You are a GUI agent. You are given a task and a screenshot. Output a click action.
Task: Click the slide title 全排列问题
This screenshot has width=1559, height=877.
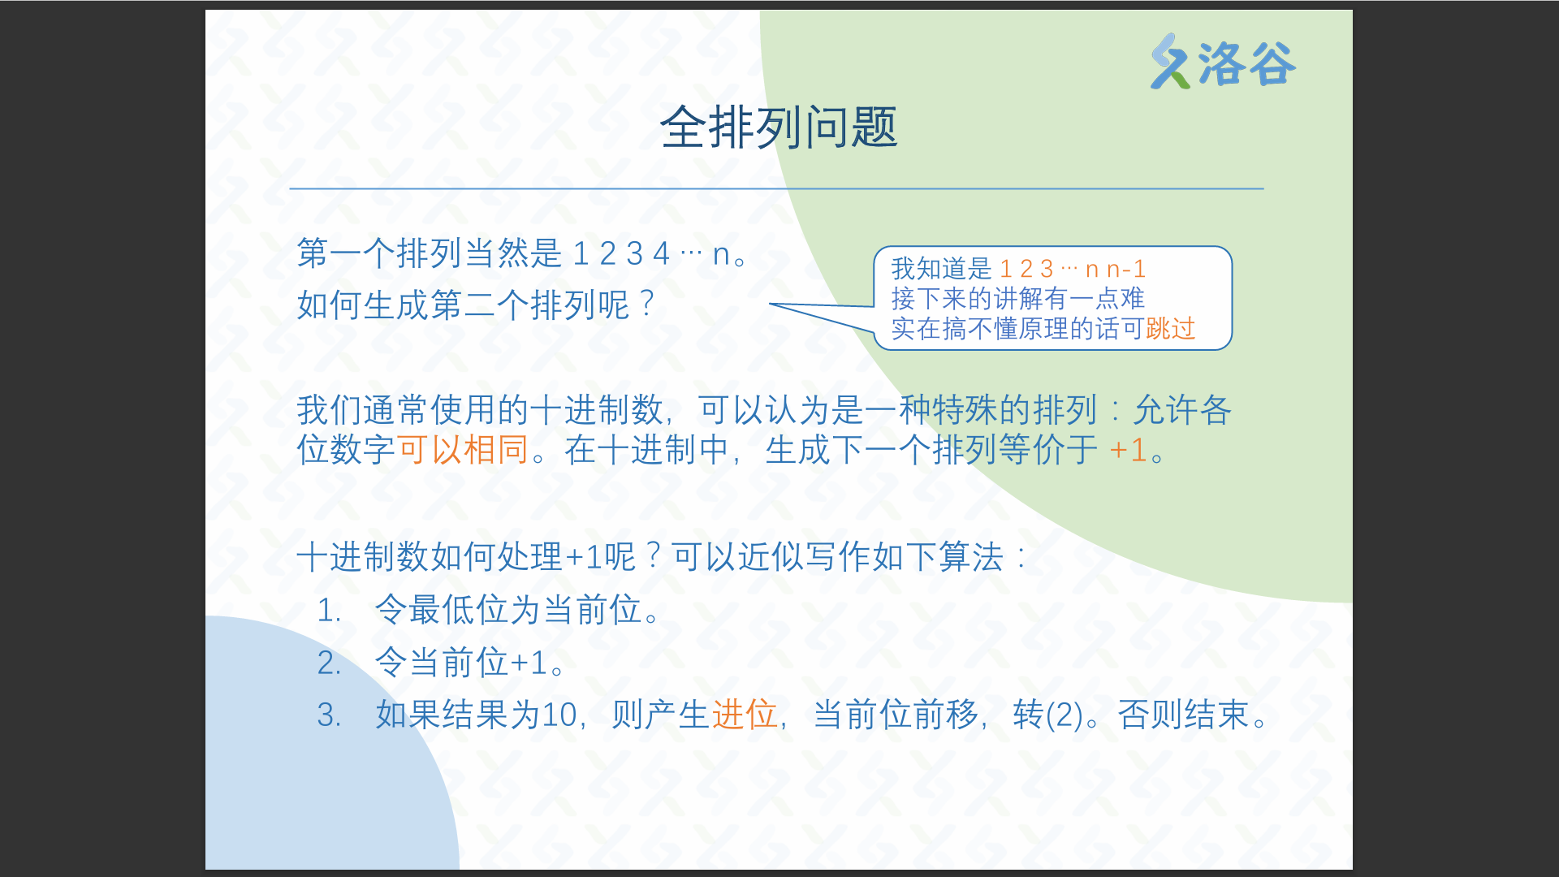(x=779, y=128)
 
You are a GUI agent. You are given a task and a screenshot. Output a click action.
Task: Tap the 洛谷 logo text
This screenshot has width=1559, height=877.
(x=1246, y=64)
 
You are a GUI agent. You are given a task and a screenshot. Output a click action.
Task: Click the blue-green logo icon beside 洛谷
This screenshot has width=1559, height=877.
(x=1170, y=62)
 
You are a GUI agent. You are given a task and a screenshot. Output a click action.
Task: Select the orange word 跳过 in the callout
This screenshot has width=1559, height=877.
(x=1170, y=328)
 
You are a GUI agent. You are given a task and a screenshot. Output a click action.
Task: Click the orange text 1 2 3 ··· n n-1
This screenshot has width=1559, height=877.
(x=1072, y=269)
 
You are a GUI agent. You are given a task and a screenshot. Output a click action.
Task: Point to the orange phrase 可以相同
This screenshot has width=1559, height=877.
(x=463, y=450)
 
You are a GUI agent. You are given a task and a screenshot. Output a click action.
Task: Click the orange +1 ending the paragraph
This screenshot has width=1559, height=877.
(x=1128, y=450)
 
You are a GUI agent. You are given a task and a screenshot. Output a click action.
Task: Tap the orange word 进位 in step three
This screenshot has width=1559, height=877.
(x=745, y=715)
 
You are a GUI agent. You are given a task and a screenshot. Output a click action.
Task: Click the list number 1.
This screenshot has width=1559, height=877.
(x=329, y=610)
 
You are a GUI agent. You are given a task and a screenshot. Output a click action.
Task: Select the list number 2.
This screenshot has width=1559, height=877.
(x=329, y=663)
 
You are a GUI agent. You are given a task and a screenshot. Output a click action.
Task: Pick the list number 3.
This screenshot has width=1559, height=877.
(x=329, y=715)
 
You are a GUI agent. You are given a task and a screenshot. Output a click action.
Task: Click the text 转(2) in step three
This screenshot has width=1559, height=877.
(x=1048, y=715)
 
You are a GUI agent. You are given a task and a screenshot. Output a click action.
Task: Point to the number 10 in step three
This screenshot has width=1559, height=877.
(x=559, y=715)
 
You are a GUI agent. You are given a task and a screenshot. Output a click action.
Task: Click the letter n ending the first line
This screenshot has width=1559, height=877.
(x=721, y=254)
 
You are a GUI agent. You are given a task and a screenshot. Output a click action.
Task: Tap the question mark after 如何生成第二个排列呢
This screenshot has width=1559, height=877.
(x=647, y=305)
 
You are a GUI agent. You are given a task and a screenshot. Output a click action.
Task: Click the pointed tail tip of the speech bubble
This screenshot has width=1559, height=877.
(x=770, y=305)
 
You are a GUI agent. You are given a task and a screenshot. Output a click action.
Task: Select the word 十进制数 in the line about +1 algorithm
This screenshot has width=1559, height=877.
(x=363, y=557)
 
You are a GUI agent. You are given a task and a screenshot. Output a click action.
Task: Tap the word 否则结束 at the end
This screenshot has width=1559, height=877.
(x=1183, y=715)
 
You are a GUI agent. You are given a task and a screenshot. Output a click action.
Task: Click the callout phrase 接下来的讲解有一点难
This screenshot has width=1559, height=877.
(x=1018, y=298)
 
